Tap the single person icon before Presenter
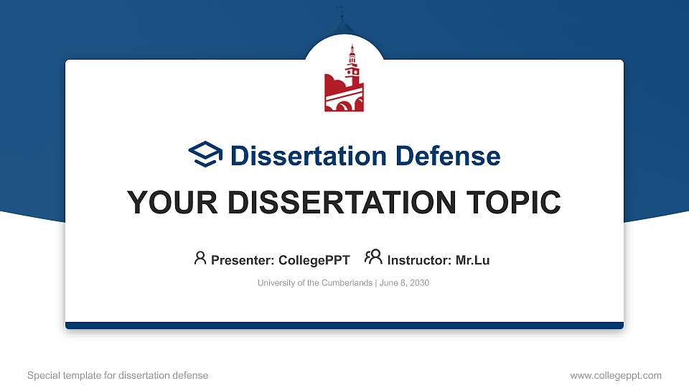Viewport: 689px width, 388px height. [x=200, y=258]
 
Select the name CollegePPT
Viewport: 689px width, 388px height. [x=315, y=260]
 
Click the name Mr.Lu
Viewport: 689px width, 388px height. [x=472, y=260]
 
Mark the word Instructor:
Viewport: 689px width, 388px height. [x=419, y=260]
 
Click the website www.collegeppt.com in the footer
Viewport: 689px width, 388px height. [x=615, y=375]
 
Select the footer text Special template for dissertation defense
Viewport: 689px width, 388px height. [x=117, y=375]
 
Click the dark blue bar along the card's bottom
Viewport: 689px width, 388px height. [x=344, y=325]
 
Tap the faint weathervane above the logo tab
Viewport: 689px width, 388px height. [x=342, y=13]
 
